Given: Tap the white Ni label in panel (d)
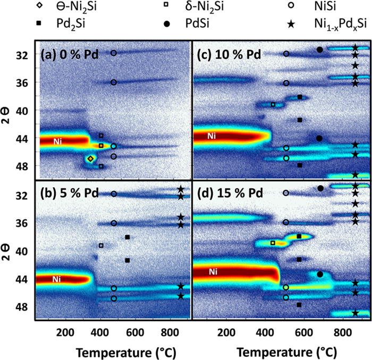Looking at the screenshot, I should pyautogui.click(x=213, y=272).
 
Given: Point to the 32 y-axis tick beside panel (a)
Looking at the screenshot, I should pyautogui.click(x=22, y=55).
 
